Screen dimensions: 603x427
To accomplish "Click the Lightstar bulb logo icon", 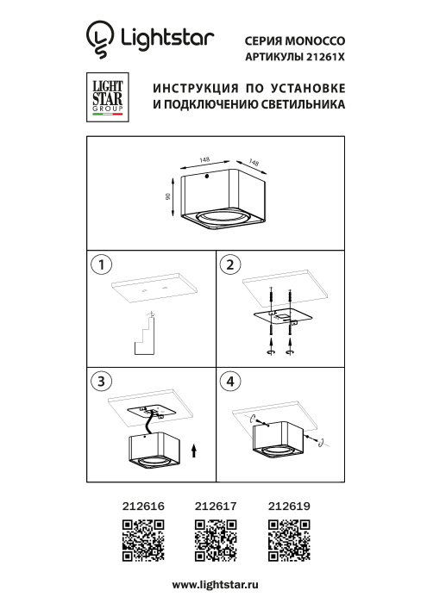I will pyautogui.click(x=100, y=39).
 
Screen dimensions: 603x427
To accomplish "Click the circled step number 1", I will pyautogui.click(x=103, y=264).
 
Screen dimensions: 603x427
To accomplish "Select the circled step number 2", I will pyautogui.click(x=229, y=264).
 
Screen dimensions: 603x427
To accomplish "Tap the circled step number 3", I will pyautogui.click(x=103, y=381).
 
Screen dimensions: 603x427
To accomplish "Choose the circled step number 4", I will pyautogui.click(x=229, y=381).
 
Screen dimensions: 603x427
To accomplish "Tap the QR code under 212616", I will pyautogui.click(x=139, y=541).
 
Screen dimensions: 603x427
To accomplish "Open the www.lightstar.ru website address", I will pyautogui.click(x=213, y=585).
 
